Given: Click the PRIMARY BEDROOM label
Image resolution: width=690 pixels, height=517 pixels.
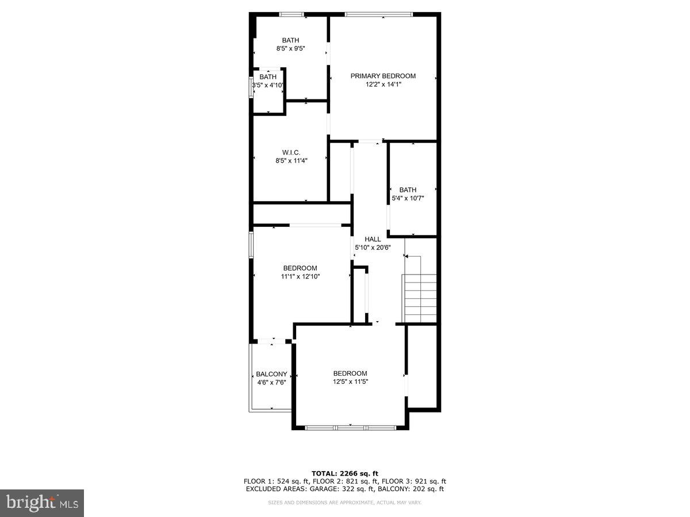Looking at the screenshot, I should pos(383,76).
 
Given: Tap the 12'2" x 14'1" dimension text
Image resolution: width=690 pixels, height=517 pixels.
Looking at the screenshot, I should pos(383,84).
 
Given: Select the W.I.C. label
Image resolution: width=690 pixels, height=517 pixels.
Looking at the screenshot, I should pos(292,152).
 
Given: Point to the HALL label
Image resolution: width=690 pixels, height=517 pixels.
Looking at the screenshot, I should pos(373,239).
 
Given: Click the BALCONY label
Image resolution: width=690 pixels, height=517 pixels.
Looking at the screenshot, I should pos(271,374).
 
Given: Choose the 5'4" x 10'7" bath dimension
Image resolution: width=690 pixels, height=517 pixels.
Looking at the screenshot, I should pos(408,198).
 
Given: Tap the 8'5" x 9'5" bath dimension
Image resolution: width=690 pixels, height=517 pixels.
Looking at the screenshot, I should pos(290,49).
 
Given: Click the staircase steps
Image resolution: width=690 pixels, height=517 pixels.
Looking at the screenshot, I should pos(420,299).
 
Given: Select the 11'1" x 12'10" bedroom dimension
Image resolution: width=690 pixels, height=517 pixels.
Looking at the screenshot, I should pos(300,276).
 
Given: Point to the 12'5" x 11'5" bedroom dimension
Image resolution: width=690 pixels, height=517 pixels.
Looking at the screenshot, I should pos(350,381).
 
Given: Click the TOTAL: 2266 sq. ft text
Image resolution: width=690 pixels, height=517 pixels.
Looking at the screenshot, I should pos(345,473).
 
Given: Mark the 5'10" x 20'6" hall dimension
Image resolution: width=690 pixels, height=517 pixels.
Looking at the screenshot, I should pos(373,248).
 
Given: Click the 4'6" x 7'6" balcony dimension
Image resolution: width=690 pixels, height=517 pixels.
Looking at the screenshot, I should pos(271,382).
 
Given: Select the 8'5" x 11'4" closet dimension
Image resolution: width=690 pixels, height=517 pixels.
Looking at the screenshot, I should pos(292,161).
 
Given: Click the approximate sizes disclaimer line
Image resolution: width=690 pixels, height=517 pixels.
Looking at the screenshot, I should pos(345,503).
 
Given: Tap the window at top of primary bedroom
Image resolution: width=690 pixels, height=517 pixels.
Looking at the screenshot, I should pos(378,14).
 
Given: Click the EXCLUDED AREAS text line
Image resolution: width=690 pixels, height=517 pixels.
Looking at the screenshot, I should pos(345,489).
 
